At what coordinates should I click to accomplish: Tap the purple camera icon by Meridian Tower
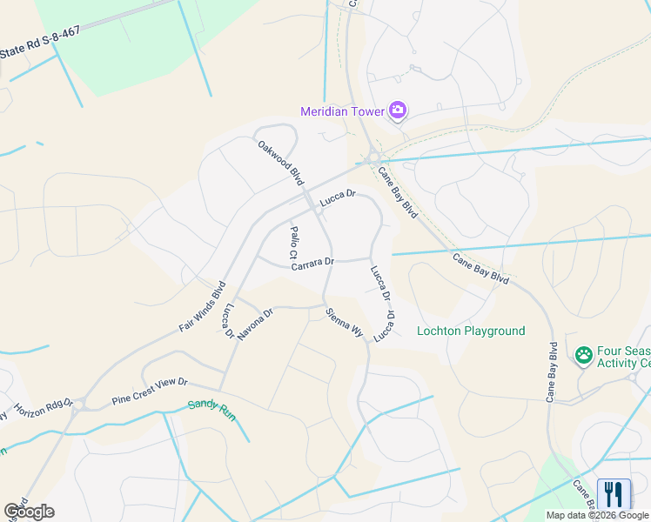coord(398,110)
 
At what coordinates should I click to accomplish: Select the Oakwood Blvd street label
coord(280,162)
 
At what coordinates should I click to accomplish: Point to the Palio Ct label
coord(294,243)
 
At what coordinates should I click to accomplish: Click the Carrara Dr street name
coord(313,263)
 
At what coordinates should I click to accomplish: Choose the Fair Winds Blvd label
coord(203,306)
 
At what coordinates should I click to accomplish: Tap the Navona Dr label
coord(255,323)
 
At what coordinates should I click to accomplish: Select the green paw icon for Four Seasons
coord(583,355)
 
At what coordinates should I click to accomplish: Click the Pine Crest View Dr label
coord(150,393)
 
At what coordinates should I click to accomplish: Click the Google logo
coord(29,512)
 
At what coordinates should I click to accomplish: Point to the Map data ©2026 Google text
coord(596,515)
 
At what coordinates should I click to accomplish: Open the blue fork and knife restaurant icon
coord(614,494)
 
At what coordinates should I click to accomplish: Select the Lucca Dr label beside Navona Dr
coord(228,321)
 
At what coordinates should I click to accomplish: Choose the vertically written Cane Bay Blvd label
coord(552,371)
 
